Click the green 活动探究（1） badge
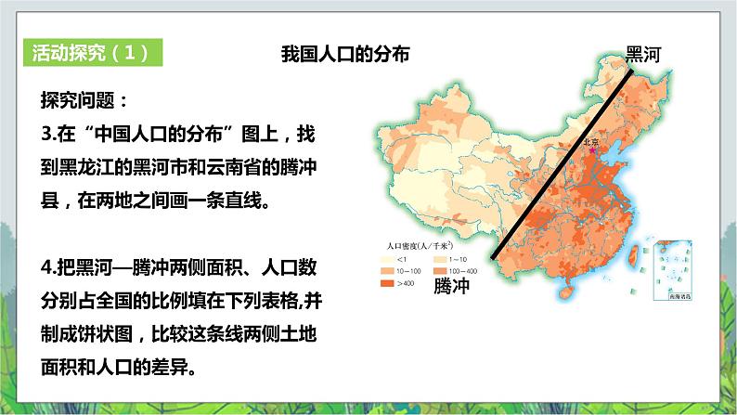coord(90,52)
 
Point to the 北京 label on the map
coord(591,142)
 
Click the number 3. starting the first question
coord(49,134)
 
